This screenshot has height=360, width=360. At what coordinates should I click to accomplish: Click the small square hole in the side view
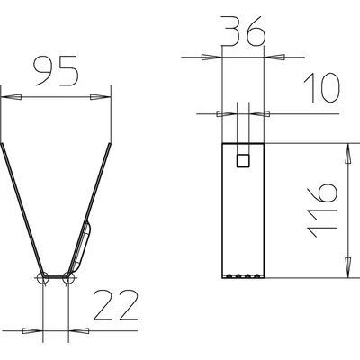click(x=242, y=160)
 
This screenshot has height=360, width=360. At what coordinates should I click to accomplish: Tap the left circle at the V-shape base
click(x=43, y=276)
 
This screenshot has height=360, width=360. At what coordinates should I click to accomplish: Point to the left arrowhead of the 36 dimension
click(x=212, y=57)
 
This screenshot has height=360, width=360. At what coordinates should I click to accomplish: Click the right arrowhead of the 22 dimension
click(x=78, y=330)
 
